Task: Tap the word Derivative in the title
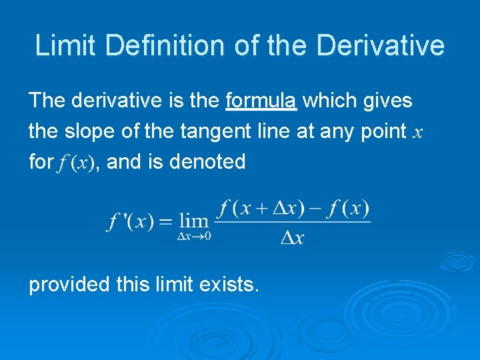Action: click(381, 45)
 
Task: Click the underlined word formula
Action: click(261, 101)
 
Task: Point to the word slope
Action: click(101, 131)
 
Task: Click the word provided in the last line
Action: click(69, 285)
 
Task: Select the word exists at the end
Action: click(227, 285)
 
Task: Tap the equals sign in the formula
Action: click(166, 221)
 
